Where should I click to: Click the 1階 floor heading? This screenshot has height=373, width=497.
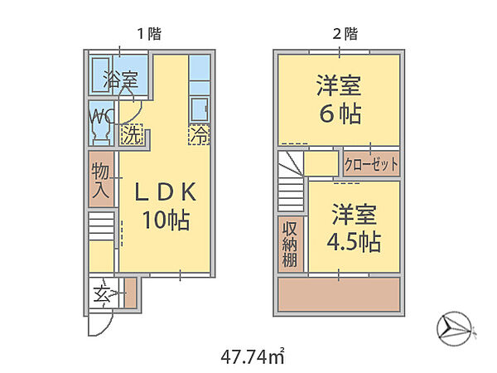pos(149,34)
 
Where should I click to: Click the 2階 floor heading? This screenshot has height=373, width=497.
pos(345,34)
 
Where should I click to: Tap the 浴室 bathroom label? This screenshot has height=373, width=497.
pos(121,80)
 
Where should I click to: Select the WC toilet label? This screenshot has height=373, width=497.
pos(101,116)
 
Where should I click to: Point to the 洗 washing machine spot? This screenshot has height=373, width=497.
pos(132,134)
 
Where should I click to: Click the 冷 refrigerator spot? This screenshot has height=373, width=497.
pos(200,135)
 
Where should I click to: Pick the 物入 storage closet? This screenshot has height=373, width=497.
pos(101,180)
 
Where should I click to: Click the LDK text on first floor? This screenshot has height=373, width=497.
pos(165,192)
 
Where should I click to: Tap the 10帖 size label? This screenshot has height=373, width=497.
pos(166,220)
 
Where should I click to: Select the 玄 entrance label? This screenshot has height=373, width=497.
pos(102,293)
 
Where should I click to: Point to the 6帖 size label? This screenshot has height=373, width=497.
pos(340,114)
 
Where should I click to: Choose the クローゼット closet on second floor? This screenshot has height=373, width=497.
pos(371,164)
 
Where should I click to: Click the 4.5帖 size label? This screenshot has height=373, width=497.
pos(354,242)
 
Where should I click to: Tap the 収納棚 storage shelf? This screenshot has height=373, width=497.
pos(291,245)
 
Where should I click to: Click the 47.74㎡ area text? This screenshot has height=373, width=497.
pos(252,357)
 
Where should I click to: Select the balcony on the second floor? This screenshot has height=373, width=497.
pos(339,294)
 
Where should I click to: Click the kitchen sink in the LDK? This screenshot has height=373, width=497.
pos(200,109)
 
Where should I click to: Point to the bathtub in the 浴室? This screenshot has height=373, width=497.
pos(101,75)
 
